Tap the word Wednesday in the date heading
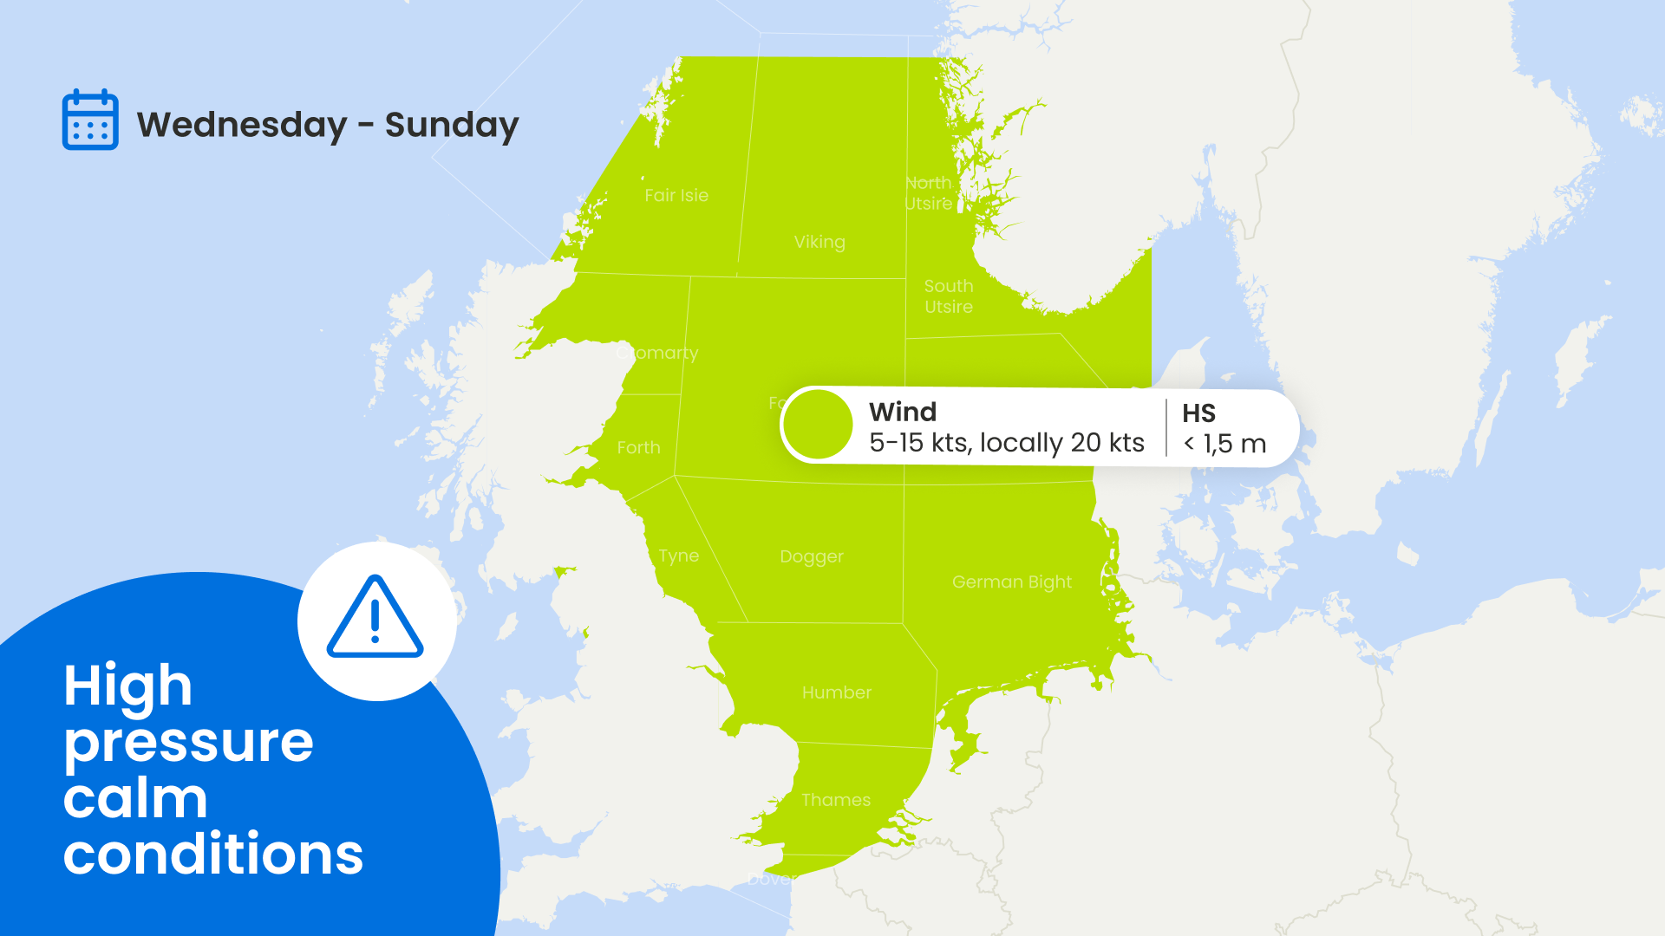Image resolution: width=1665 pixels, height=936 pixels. tap(242, 125)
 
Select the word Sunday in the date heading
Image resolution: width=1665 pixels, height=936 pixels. tap(452, 125)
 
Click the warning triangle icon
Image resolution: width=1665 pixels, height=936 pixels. tap(375, 617)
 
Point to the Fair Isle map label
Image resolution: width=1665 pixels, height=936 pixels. tap(676, 196)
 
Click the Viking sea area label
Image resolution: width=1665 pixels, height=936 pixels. tap(819, 243)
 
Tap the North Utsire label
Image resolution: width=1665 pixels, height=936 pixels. tap(929, 193)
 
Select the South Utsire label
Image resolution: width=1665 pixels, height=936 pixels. tap(949, 296)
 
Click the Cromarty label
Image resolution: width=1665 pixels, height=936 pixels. tap(657, 354)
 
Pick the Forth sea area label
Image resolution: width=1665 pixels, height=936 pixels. tap(638, 448)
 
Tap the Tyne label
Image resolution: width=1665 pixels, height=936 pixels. tap(678, 556)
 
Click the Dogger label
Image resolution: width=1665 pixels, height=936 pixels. tap(812, 557)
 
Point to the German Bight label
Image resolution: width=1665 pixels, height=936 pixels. tap(1012, 582)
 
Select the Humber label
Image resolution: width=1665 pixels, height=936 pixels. tap(837, 692)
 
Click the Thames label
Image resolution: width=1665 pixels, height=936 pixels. tap(836, 800)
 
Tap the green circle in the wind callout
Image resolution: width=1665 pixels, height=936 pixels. tap(818, 425)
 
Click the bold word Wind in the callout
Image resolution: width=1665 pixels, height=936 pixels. tap(903, 412)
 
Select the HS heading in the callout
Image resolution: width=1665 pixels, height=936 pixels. tap(1198, 413)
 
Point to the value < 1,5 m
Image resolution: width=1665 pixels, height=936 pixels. tap(1224, 444)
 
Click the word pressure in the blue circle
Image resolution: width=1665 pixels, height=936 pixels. tap(188, 744)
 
